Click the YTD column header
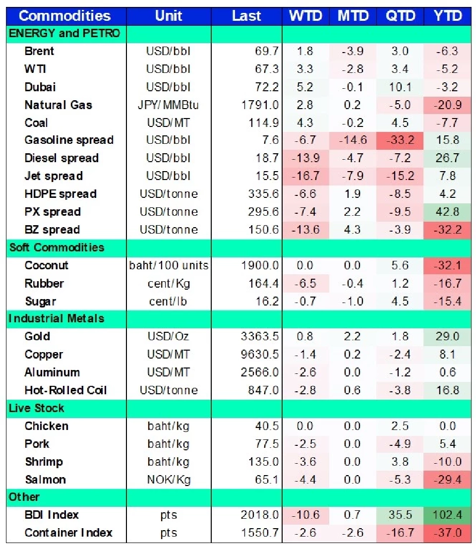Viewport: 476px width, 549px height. click(448, 16)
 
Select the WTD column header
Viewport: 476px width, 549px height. click(305, 16)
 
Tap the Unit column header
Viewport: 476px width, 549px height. click(169, 16)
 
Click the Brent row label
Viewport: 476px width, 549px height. click(39, 51)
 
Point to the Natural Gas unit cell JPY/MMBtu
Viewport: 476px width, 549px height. click(169, 105)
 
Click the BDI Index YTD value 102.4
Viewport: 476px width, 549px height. click(448, 515)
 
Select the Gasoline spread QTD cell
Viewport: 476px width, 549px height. click(400, 140)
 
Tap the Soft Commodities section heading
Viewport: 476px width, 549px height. click(57, 247)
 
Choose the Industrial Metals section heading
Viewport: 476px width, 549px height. click(57, 318)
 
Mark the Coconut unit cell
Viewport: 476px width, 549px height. click(169, 265)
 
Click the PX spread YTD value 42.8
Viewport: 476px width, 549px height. click(448, 212)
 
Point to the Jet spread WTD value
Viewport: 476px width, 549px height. click(305, 176)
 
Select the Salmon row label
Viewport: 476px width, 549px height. click(45, 480)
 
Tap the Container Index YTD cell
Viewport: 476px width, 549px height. click(448, 533)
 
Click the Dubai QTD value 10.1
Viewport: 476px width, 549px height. click(400, 87)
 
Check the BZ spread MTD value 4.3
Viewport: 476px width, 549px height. click(353, 230)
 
